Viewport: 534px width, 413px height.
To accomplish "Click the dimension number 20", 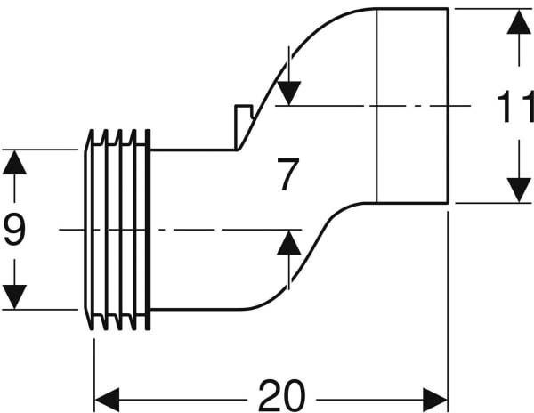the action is [282, 395].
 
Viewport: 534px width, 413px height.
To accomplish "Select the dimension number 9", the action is [14, 230].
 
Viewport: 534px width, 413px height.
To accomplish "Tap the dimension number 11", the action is [515, 106].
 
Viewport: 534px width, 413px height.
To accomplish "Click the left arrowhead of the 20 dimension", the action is [107, 400].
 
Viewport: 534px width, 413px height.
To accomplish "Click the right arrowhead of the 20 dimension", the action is [435, 400].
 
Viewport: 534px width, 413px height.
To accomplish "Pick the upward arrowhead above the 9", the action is [14, 162].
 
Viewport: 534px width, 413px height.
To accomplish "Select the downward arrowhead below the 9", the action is [14, 297].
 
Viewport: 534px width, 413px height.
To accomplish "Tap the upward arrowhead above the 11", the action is [519, 21].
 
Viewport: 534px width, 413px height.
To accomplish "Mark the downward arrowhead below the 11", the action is [519, 190].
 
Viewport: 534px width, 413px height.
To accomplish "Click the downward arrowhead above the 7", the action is [288, 93].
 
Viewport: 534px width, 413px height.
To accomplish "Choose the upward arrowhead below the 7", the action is [288, 243].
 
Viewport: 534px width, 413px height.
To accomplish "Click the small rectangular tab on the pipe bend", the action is [244, 126].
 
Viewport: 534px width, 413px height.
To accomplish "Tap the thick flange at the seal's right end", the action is [148, 230].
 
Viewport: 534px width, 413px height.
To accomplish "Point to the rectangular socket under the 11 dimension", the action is [412, 106].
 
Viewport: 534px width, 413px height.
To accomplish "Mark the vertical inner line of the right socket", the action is [377, 106].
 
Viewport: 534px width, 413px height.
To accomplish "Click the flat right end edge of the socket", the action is [448, 106].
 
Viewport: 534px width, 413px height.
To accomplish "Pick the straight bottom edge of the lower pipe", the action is [198, 310].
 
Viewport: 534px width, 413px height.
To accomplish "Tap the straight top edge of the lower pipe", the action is [193, 150].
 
